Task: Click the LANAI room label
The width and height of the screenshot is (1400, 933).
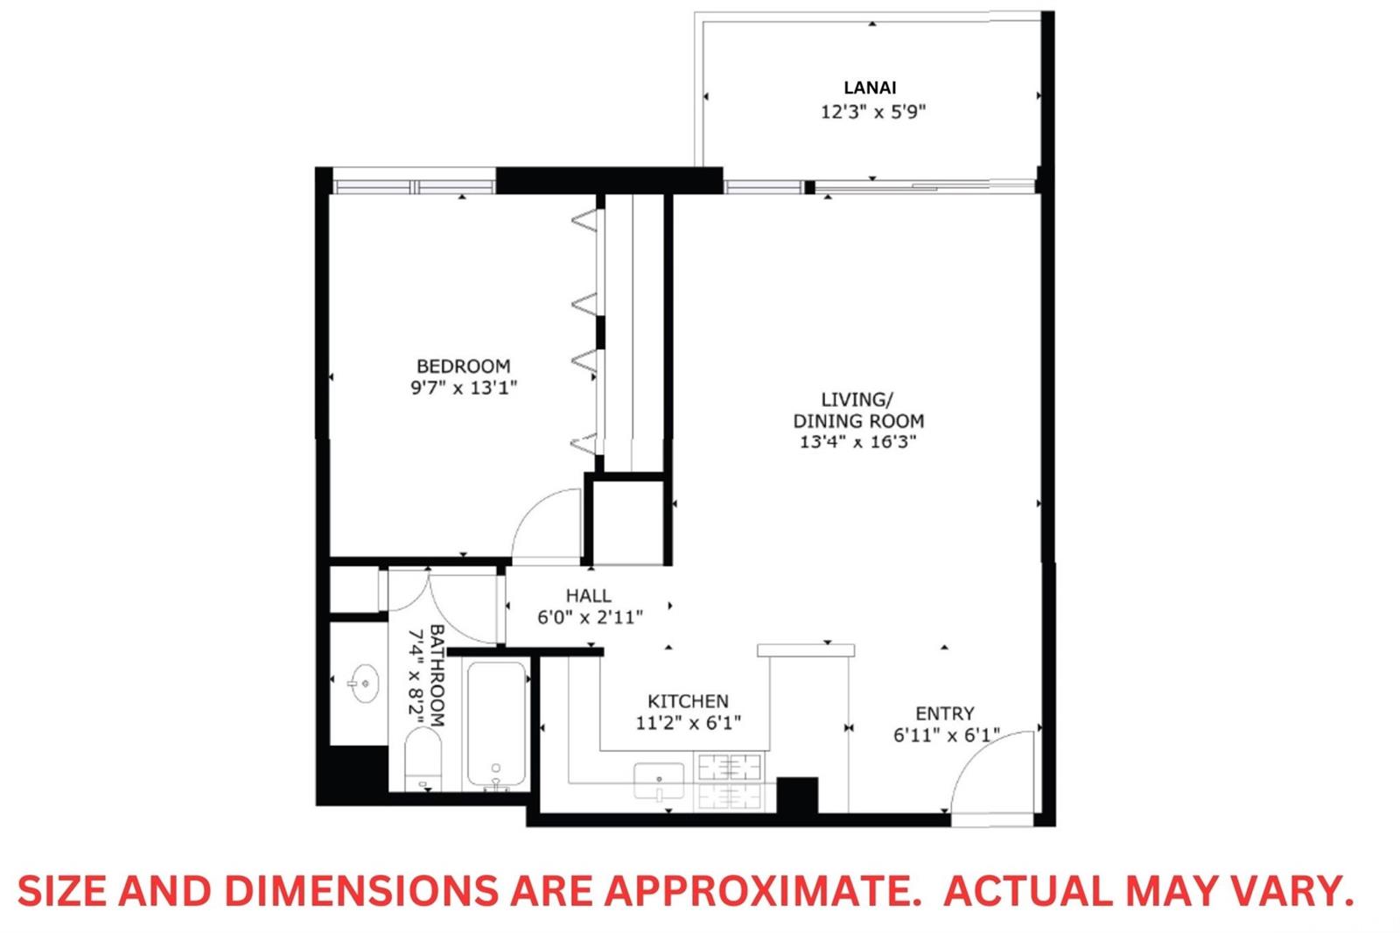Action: coord(870,88)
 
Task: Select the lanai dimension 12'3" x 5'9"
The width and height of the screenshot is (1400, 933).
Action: coord(872,112)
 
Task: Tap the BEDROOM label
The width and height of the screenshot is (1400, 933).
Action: coord(463,366)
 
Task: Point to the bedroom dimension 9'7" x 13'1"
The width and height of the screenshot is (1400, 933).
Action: coord(464,388)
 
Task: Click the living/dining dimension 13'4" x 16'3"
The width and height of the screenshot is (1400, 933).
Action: coord(858,442)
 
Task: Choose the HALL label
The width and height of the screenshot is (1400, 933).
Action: coord(589,595)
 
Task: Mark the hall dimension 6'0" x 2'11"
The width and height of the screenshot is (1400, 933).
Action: coord(590,618)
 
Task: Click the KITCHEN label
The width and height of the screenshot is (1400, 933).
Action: coord(688,701)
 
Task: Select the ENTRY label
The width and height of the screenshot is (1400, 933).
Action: coord(944,713)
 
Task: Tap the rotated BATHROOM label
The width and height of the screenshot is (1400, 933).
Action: coord(437,676)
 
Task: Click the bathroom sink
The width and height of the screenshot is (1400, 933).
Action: coord(364,684)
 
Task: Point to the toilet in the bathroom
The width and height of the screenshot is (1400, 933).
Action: coord(423,759)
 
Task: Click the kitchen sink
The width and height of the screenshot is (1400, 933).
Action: coord(659,781)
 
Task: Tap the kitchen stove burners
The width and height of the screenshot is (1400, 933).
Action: coord(730,782)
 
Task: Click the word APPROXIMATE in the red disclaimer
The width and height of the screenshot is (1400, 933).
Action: coord(762,891)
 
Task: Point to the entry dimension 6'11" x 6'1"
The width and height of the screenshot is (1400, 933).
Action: coord(946,735)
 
